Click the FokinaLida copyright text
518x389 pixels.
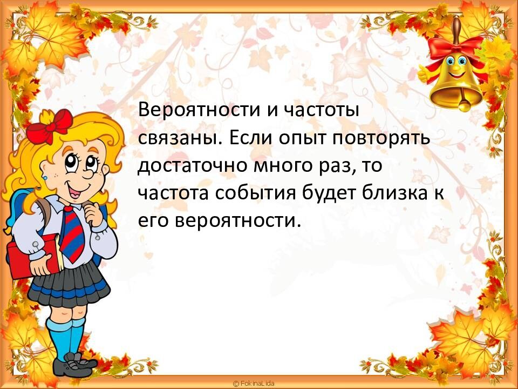click(254, 383)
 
